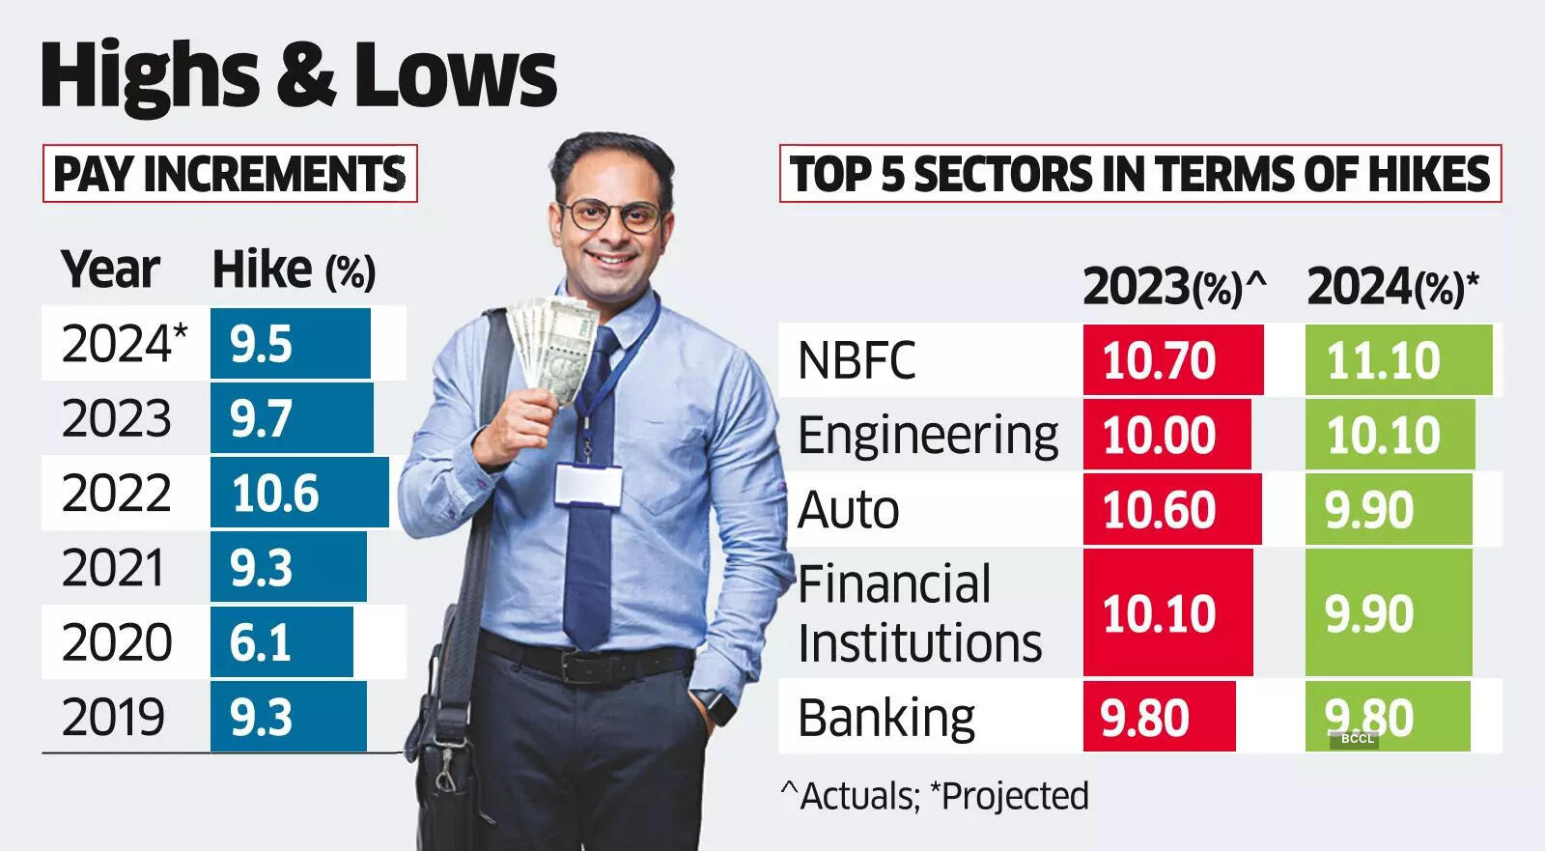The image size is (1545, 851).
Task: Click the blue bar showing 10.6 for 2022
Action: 299,493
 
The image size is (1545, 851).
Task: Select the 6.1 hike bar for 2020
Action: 281,642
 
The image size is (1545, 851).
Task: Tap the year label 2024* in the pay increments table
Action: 125,343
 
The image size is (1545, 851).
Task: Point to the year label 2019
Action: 113,717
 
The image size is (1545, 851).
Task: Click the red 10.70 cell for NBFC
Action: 1172,360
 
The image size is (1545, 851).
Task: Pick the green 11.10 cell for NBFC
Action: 1397,360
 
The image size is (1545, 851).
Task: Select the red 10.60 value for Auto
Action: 1171,509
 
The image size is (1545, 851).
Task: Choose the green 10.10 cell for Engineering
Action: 1389,435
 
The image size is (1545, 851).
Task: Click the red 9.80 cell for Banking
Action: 1159,717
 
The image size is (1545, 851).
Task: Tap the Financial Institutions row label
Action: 918,613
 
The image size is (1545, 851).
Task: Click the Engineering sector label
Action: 927,435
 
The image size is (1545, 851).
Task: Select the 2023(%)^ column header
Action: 1173,286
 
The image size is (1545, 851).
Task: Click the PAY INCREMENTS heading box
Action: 230,174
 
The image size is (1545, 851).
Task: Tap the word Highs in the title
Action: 150,75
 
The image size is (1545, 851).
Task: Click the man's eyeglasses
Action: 610,214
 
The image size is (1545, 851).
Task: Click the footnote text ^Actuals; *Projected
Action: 935,796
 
